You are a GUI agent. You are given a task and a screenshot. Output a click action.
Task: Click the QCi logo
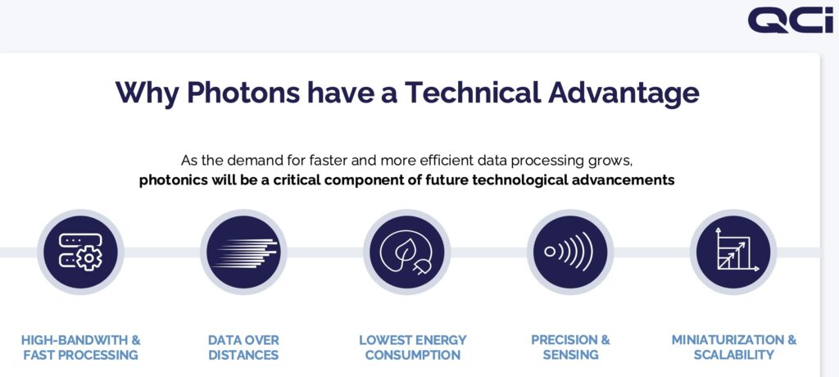coord(791,20)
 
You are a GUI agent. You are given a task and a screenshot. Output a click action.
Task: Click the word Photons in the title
coord(243,92)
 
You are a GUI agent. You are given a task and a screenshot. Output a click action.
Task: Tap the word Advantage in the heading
coord(624,93)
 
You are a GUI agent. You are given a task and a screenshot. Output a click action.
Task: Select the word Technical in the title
coord(473,92)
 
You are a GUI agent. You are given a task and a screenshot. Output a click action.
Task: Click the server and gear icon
coord(80,252)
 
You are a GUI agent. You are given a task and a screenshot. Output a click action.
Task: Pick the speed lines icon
coord(243,252)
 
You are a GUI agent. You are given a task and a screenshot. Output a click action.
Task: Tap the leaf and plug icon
coord(406,252)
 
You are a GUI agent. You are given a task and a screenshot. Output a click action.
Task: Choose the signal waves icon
coord(570,252)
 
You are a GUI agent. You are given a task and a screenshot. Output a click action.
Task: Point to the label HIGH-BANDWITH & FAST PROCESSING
coord(81,347)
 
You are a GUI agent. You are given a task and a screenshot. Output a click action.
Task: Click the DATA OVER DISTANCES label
coord(243,347)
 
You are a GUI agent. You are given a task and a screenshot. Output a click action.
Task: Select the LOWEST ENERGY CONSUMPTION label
coord(413,347)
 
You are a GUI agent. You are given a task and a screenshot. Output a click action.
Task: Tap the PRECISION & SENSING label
coord(570,347)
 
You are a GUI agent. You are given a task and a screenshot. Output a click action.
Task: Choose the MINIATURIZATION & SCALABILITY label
coord(733,347)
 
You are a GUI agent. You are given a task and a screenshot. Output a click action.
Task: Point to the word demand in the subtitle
coord(251,160)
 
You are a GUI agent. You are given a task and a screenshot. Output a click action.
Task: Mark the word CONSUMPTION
coord(413,355)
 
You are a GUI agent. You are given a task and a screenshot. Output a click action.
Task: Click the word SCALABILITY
coord(733,355)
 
